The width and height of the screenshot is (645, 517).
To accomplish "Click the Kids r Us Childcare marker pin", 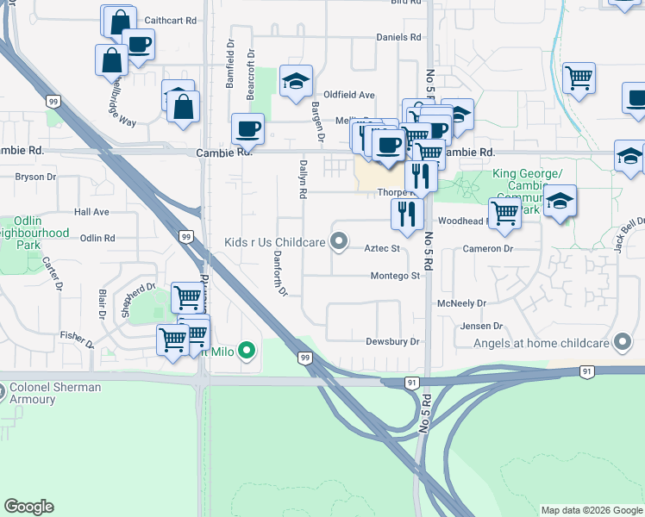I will [x=339, y=242].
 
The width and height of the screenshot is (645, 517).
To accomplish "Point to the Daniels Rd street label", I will [x=399, y=37].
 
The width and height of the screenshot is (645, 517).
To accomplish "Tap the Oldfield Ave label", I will [x=349, y=95].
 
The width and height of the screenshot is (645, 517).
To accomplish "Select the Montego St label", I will [x=395, y=276].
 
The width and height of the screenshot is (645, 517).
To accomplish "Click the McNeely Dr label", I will [x=462, y=303].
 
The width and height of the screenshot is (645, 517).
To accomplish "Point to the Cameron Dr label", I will [x=487, y=248].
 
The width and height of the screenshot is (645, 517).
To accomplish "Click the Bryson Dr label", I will [x=35, y=177].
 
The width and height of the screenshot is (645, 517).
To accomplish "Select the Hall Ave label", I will [x=91, y=211].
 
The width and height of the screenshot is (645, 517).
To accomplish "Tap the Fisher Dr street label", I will [x=78, y=335].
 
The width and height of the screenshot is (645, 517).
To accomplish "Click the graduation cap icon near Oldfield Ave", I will [x=296, y=82].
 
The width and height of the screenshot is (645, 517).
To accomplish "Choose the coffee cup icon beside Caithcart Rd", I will [x=138, y=43].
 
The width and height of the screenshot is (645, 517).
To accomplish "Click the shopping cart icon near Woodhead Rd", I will [x=504, y=212].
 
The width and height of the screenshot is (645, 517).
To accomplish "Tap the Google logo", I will [x=28, y=507].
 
